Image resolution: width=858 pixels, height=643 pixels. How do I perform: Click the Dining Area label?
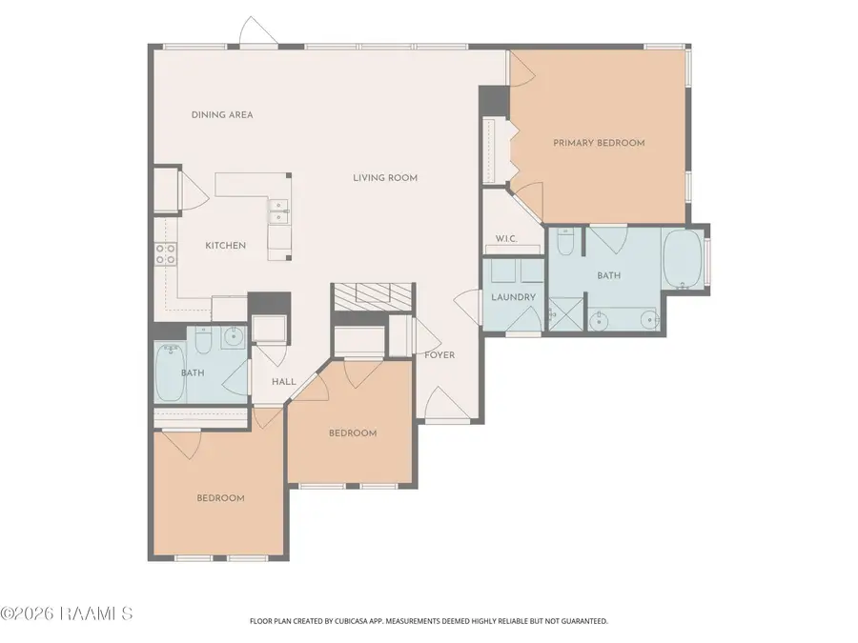(222, 115)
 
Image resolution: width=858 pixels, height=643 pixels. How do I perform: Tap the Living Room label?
(385, 178)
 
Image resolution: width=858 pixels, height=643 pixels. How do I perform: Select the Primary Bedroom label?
(599, 143)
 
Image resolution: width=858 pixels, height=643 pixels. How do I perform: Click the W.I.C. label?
(506, 239)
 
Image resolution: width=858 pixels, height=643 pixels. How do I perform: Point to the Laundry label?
(513, 297)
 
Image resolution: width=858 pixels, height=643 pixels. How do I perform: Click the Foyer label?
(439, 355)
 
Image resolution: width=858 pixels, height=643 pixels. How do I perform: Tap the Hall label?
(284, 382)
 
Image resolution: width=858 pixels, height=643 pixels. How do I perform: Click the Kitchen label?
(225, 246)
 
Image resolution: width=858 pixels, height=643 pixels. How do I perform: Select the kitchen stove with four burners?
(165, 253)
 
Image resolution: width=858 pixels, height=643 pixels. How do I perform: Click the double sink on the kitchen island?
(278, 211)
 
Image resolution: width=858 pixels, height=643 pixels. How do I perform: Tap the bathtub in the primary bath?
(683, 259)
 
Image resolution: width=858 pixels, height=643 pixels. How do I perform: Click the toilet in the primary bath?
(565, 242)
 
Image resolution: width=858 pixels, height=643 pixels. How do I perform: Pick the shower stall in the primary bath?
(565, 313)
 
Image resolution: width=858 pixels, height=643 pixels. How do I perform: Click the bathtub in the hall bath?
(170, 372)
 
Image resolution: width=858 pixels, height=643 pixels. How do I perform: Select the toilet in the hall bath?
(204, 340)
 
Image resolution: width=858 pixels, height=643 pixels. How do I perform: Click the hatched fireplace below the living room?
(373, 297)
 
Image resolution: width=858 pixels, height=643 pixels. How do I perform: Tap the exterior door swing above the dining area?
(258, 30)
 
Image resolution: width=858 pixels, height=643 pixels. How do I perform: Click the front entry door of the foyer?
(448, 405)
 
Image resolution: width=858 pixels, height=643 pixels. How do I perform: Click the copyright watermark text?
(66, 613)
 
